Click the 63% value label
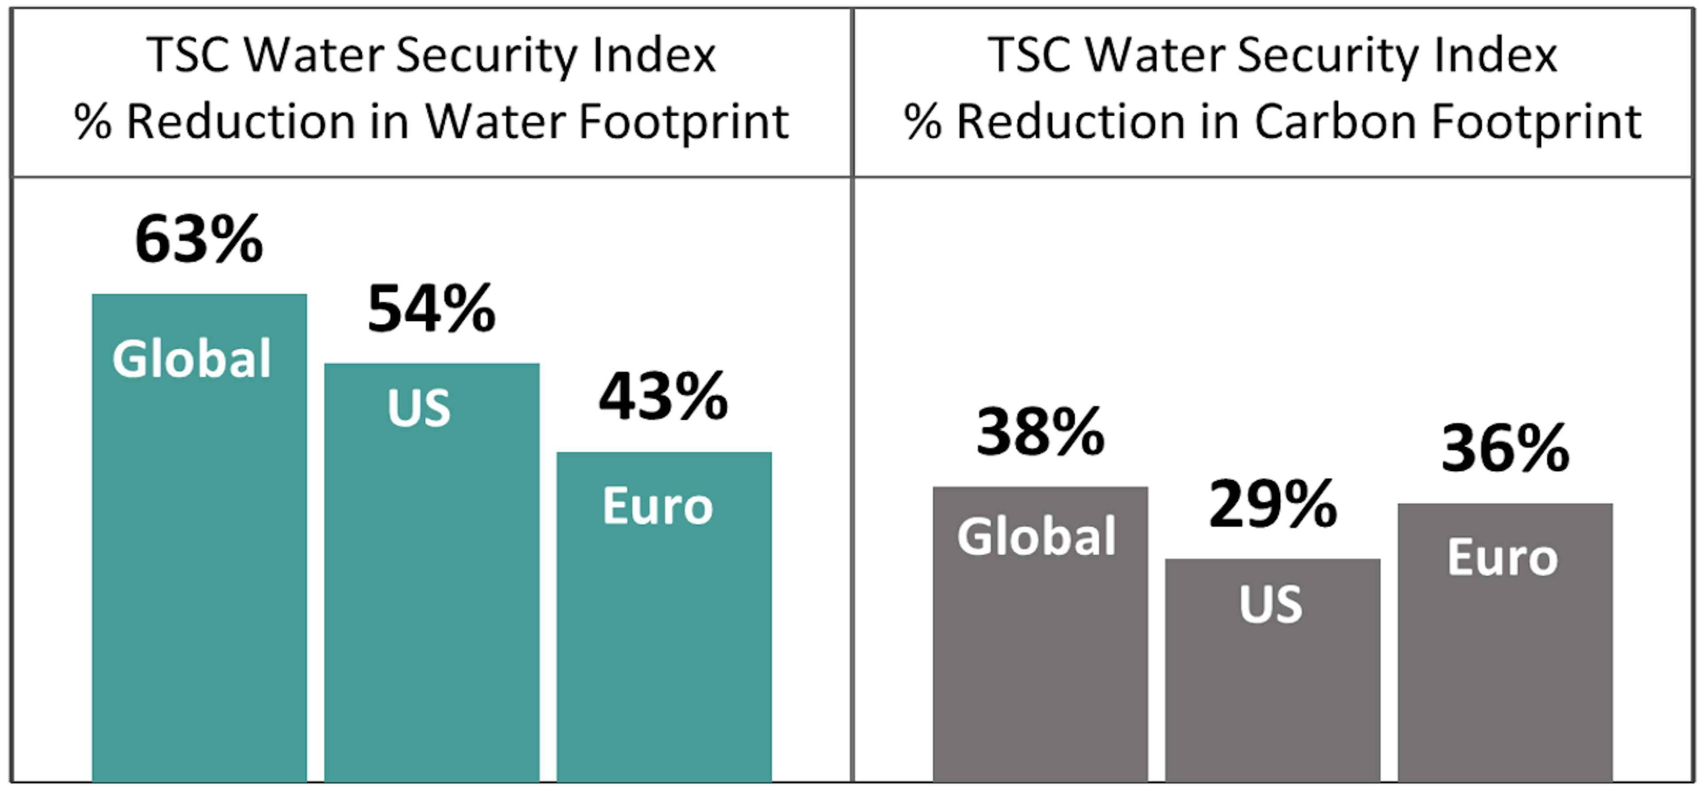pos(199,240)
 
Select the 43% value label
pos(663,397)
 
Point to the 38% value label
pos(1040,433)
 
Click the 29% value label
pos(1273,505)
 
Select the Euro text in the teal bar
pos(658,507)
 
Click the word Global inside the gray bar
pos(1036,536)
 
